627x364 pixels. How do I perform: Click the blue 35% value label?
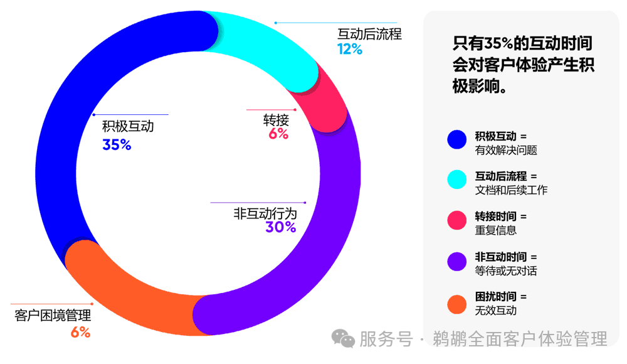[117, 145]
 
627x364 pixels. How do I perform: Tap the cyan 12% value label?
[350, 49]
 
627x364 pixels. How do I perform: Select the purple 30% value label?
[280, 227]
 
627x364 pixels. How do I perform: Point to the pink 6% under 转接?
[278, 134]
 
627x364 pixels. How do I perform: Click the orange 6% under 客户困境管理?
[80, 332]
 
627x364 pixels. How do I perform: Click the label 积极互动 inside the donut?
[128, 126]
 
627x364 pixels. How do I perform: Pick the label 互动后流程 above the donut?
[369, 33]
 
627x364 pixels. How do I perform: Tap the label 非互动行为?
[265, 213]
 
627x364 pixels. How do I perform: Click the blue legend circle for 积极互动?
[457, 139]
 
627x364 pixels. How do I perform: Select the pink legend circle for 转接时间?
[457, 220]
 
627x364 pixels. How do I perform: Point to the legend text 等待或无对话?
[506, 271]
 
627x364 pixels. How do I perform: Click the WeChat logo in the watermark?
[343, 339]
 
